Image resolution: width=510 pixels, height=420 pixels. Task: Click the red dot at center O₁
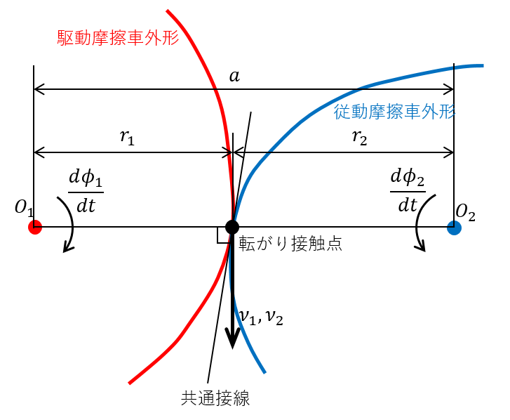pos(35,227)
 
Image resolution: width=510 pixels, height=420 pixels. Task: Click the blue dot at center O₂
pos(454,227)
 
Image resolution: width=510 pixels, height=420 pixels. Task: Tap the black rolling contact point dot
pos(232,227)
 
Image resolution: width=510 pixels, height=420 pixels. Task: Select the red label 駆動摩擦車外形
pos(118,38)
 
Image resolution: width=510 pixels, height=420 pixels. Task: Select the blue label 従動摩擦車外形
pos(395,112)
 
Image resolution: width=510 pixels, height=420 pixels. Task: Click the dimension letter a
pos(234,76)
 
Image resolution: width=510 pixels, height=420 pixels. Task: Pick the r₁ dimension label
pos(127,137)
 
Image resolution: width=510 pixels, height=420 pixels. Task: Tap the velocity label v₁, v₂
pos(261,317)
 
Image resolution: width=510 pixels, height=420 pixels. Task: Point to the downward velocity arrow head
pos(232,339)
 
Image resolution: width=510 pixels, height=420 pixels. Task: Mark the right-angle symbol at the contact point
pos(223,236)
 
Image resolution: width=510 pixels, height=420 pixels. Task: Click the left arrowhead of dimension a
pos(39,89)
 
